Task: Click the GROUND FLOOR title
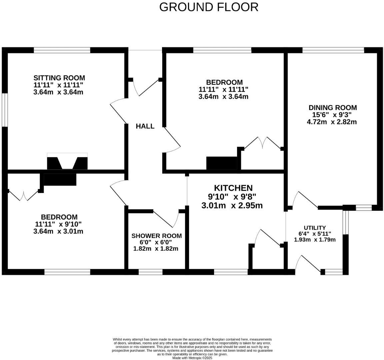(x=209, y=7)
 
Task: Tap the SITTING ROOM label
(x=59, y=78)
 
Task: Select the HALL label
(x=145, y=126)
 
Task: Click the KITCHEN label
(x=233, y=188)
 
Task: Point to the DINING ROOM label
(x=332, y=108)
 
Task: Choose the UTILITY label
(x=314, y=228)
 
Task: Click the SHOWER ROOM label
(x=156, y=236)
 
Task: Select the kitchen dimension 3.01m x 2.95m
(x=232, y=206)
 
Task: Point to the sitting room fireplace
(x=67, y=162)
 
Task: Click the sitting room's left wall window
(x=4, y=110)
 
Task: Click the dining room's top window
(x=333, y=50)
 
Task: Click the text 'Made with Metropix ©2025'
(x=192, y=358)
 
